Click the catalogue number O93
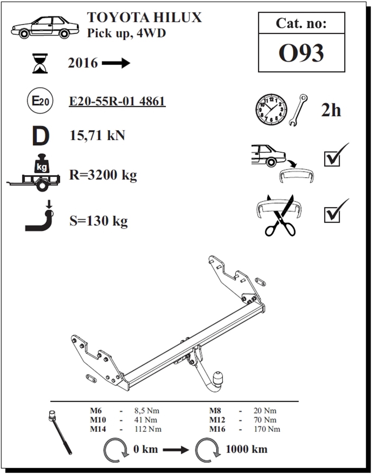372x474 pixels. click(x=301, y=53)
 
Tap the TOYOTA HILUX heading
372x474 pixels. click(x=144, y=17)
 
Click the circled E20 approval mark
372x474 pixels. click(x=39, y=101)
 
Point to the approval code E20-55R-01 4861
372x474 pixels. click(x=117, y=101)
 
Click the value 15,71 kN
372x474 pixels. click(x=97, y=135)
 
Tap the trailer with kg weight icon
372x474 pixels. click(x=35, y=175)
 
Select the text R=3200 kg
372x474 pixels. click(x=103, y=175)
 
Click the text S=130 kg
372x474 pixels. click(x=99, y=221)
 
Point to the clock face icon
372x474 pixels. click(x=271, y=110)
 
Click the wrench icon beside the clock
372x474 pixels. click(x=298, y=110)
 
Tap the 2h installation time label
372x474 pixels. click(x=331, y=110)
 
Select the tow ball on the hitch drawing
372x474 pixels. click(x=217, y=378)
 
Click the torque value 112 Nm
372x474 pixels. click(x=148, y=429)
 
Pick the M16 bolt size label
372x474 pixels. click(x=217, y=429)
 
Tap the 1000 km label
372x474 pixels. click(x=246, y=449)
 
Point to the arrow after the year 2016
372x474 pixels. click(x=116, y=63)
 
